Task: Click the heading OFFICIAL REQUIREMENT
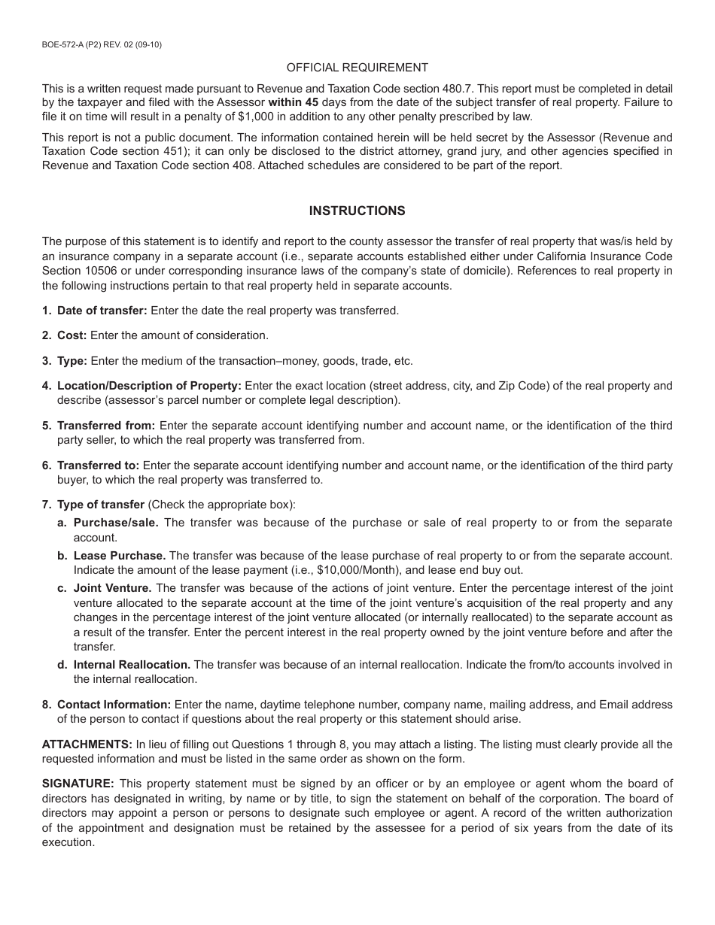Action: coord(357,68)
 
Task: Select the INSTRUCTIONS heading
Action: coord(357,211)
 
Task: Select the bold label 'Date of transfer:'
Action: coord(103,311)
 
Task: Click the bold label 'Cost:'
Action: coord(71,335)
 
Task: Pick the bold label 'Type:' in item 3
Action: coord(72,361)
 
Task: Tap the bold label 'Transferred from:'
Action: coord(106,426)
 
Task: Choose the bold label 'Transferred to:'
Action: coord(98,466)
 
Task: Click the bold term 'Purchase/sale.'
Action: coord(117,523)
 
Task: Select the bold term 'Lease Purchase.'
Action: coord(120,556)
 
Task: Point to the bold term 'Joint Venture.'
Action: coord(113,588)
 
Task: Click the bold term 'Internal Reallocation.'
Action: coord(132,665)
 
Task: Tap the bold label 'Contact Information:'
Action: coord(114,705)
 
